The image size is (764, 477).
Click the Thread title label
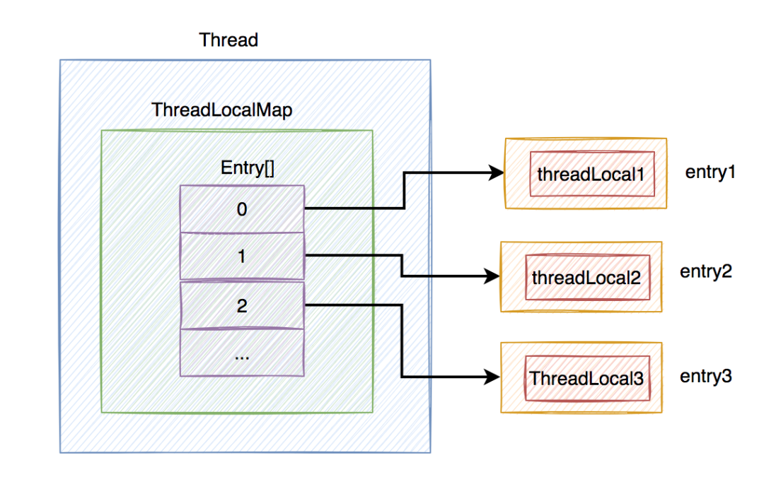coord(228,40)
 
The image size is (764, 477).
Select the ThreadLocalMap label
coord(221,111)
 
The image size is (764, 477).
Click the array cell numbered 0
coord(242,209)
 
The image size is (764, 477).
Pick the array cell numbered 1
coord(242,256)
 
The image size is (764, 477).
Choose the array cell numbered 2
coord(242,305)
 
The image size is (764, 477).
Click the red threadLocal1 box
coord(591,173)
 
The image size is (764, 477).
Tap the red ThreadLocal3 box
coord(586,378)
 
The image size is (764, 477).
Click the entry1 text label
coord(710,172)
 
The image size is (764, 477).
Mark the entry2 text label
coord(705,271)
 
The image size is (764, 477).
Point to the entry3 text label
coord(705,377)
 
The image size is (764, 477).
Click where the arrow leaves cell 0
coord(307,208)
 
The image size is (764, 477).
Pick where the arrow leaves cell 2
coord(307,305)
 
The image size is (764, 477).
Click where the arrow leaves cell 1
coord(307,255)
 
